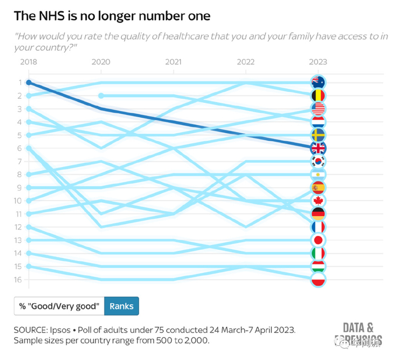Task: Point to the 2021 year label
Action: click(173, 62)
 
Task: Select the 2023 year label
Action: click(318, 62)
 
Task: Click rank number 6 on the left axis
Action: click(19, 148)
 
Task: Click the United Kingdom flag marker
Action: click(318, 148)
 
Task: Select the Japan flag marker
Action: click(318, 240)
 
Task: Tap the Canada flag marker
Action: click(318, 200)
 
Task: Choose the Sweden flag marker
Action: click(318, 135)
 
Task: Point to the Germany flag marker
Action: click(318, 214)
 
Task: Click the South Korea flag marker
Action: click(318, 161)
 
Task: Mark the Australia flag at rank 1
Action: click(318, 83)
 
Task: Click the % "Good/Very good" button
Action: click(59, 306)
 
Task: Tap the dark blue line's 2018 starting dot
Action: click(28, 83)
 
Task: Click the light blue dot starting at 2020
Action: click(101, 95)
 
